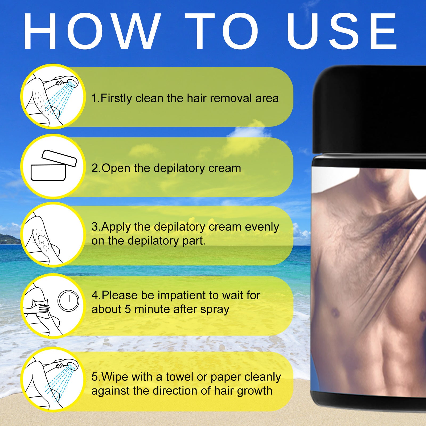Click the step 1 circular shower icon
click(53, 96)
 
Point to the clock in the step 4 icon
click(68, 301)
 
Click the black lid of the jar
click(370, 109)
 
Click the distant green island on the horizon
click(9, 239)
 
